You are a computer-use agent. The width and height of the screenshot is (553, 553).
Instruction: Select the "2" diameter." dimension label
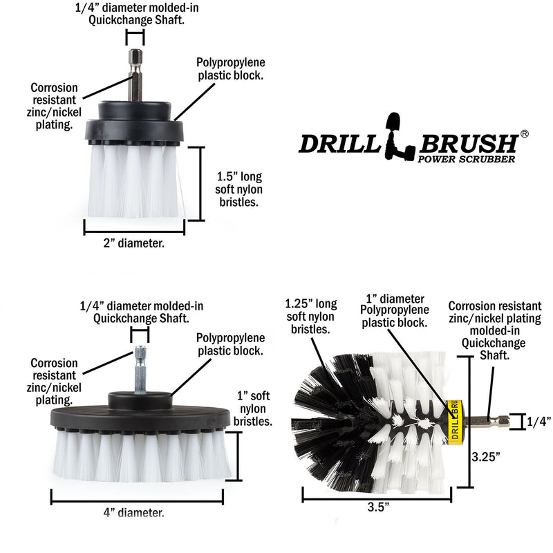click(134, 243)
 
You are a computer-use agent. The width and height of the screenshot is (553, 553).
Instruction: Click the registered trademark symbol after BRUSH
click(524, 134)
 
